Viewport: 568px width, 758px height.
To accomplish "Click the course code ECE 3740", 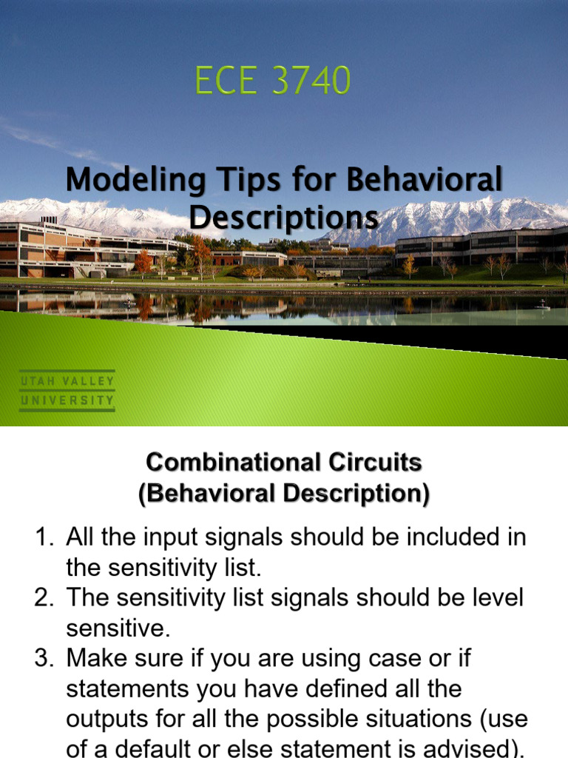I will tap(273, 81).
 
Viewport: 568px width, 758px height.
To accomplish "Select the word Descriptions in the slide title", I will tap(283, 218).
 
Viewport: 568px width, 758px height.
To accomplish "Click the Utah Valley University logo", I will tap(67, 391).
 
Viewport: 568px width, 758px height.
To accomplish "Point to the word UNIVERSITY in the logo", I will tap(67, 401).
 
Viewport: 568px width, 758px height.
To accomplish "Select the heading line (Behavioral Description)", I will tap(283, 493).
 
